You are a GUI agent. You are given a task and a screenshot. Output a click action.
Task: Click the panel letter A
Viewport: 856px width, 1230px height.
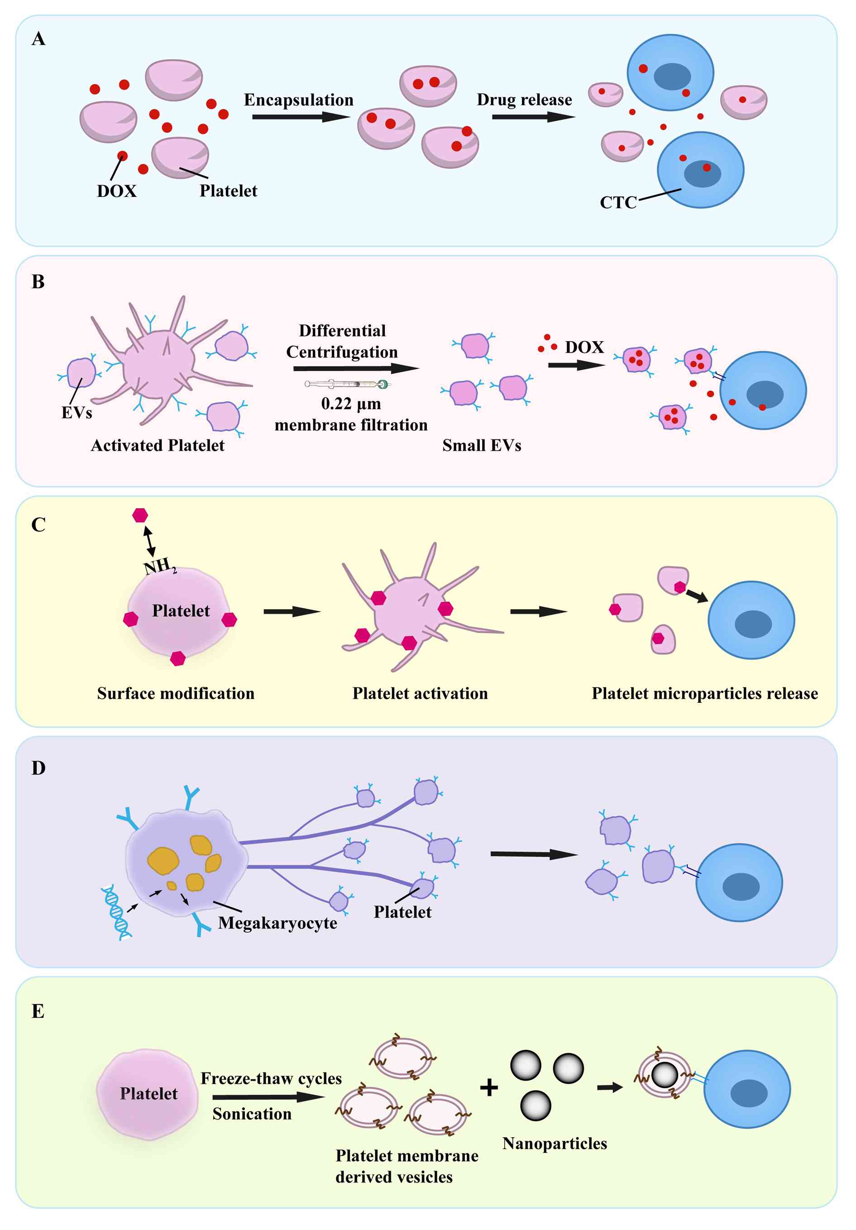pos(38,39)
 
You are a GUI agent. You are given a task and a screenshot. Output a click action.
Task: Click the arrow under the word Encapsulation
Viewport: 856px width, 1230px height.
pos(300,116)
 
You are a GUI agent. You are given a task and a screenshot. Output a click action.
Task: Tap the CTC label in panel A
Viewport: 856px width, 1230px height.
pos(617,202)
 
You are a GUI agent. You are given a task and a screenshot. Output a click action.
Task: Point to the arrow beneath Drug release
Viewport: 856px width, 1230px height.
pos(532,116)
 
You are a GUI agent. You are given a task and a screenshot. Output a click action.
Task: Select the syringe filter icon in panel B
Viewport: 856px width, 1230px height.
pos(348,384)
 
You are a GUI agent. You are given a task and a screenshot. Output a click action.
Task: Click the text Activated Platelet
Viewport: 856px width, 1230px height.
pos(158,445)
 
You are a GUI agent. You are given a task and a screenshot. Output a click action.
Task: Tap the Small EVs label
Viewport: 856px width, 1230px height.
pos(481,445)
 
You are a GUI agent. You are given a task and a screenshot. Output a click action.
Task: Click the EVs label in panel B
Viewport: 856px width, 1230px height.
pos(77,413)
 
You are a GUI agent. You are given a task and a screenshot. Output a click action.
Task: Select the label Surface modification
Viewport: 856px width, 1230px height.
pos(176,693)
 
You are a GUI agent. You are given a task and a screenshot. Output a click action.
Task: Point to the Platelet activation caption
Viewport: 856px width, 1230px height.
pos(420,693)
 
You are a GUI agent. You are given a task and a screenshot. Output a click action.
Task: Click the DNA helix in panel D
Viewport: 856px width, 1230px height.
pos(116,912)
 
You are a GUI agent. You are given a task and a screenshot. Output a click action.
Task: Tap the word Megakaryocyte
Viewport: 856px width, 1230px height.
pos(277,922)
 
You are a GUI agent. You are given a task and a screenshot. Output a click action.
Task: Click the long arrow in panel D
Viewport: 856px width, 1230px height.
pos(533,854)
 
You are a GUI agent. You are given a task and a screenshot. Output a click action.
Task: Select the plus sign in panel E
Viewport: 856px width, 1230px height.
pos(488,1087)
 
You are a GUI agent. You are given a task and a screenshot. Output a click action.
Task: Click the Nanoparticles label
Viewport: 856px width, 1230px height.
pos(554,1143)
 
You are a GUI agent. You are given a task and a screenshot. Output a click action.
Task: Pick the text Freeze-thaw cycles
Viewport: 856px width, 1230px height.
pos(271,1078)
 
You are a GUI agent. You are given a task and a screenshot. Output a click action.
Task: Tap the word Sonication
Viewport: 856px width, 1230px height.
pos(252,1114)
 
